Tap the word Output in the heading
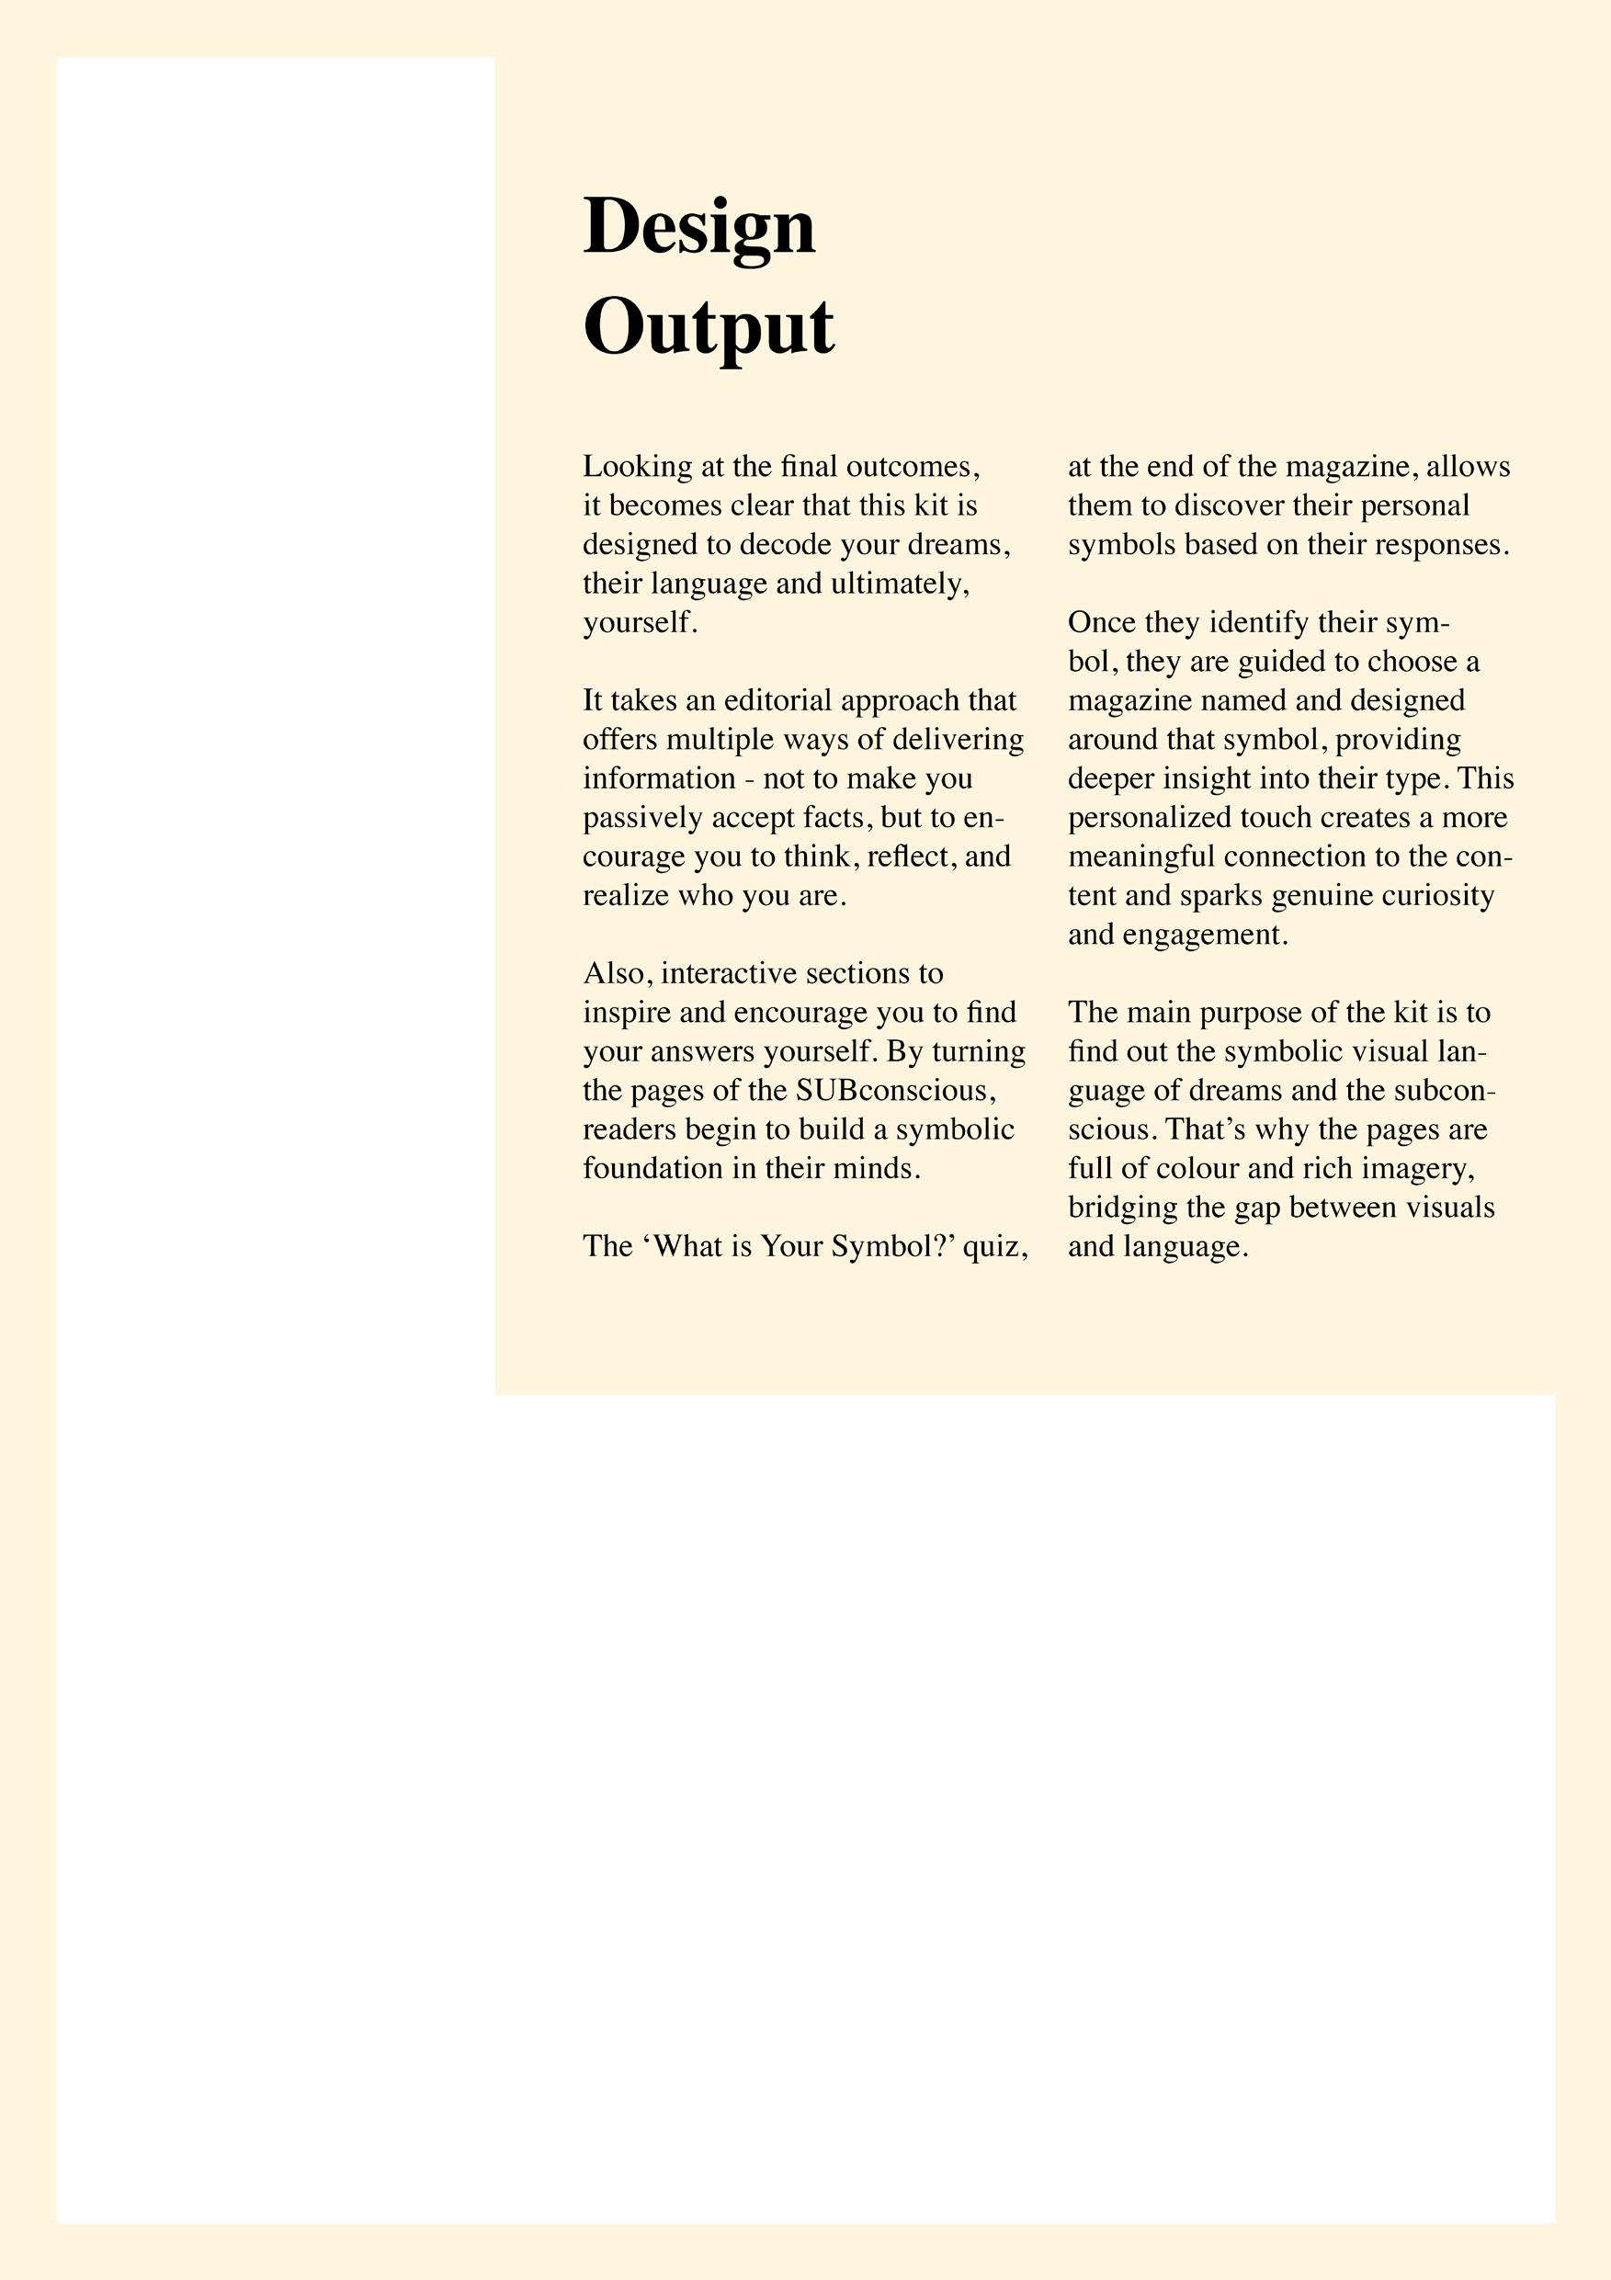(709, 328)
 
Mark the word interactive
(729, 974)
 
